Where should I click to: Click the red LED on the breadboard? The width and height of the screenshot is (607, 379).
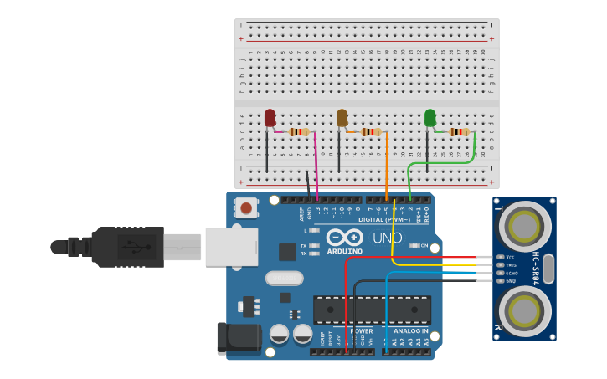pyautogui.click(x=270, y=119)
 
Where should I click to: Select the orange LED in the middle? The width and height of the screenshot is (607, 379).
pyautogui.click(x=342, y=118)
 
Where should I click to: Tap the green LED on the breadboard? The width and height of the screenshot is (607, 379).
pyautogui.click(x=430, y=118)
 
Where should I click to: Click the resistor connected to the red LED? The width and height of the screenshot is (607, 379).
pyautogui.click(x=299, y=131)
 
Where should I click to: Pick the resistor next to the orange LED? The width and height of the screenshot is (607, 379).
pyautogui.click(x=371, y=131)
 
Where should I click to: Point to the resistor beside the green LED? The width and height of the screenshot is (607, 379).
pyautogui.click(x=459, y=131)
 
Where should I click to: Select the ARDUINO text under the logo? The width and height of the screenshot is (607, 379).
pyautogui.click(x=345, y=251)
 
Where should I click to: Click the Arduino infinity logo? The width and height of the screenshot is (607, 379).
pyautogui.click(x=344, y=237)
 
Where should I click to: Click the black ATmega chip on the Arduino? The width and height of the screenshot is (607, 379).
pyautogui.click(x=372, y=310)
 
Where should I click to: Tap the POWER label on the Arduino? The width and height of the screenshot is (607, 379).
pyautogui.click(x=362, y=331)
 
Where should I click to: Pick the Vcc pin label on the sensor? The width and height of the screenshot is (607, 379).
pyautogui.click(x=511, y=257)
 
